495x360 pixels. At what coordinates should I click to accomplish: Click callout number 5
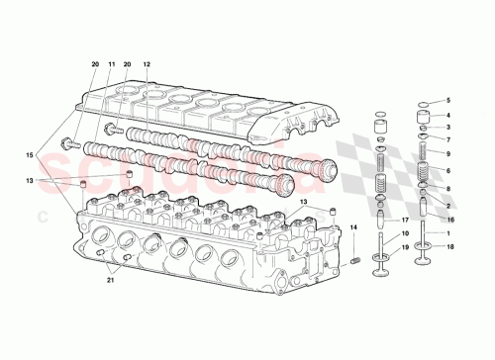click(446, 102)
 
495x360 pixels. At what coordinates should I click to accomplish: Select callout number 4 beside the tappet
click(446, 116)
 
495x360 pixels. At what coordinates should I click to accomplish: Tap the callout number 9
click(446, 154)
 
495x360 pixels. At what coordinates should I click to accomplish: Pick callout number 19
click(405, 245)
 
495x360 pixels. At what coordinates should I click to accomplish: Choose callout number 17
click(405, 220)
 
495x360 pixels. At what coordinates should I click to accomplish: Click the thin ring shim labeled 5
click(423, 105)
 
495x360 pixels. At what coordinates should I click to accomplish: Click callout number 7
click(446, 140)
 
